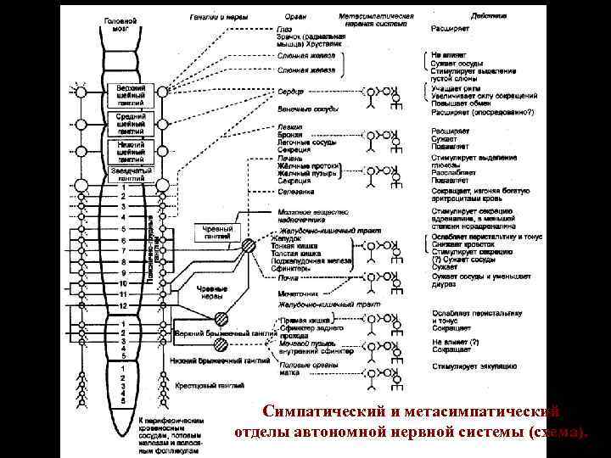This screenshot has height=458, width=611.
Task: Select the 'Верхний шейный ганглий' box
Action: coord(131,92)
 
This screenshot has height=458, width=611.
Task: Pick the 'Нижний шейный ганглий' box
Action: coord(131,150)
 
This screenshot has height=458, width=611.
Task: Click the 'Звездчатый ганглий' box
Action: coord(131,174)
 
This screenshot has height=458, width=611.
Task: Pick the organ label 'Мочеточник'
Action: coord(298,293)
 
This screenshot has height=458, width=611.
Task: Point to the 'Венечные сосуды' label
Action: coord(307,109)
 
